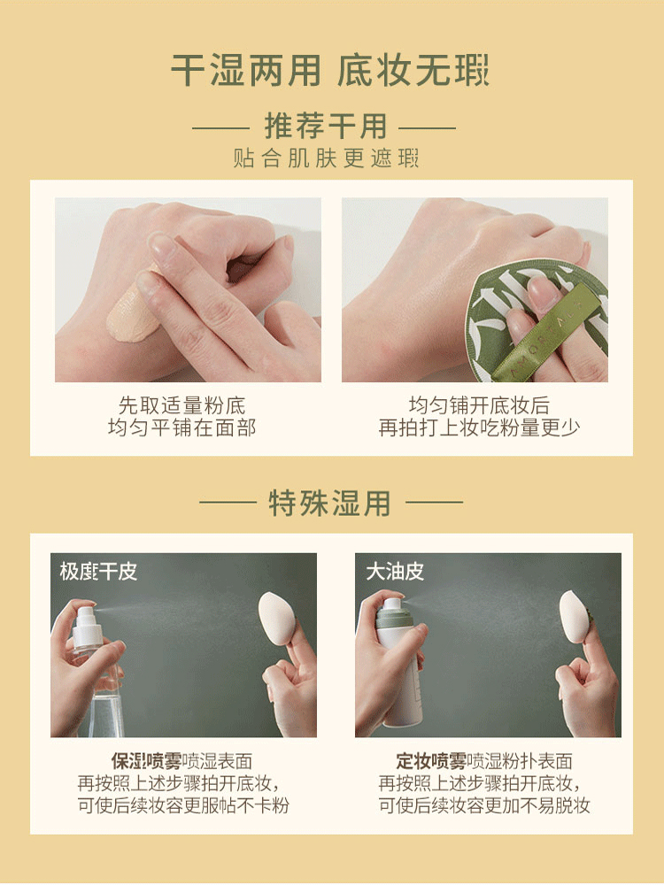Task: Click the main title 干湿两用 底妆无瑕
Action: point(329,71)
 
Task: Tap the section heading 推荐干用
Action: point(326,126)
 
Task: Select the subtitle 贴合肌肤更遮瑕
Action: point(326,158)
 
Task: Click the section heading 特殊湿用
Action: point(329,503)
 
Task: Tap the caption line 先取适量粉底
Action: point(181,405)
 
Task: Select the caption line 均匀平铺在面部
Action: point(181,427)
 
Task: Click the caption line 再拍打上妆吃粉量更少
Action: point(479,427)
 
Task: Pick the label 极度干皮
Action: point(98,571)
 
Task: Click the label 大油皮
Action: point(395,571)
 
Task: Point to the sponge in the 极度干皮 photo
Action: point(276,619)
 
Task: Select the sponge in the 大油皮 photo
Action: point(575,616)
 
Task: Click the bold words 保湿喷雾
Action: point(146,761)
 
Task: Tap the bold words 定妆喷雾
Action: point(431,761)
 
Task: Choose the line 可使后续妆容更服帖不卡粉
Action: point(183,804)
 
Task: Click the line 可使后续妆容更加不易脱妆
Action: point(484,804)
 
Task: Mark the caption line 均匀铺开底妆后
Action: point(479,405)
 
